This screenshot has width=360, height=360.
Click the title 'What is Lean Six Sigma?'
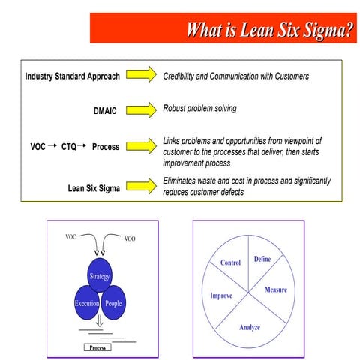[268, 30]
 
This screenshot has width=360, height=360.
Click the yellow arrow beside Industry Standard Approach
[142, 76]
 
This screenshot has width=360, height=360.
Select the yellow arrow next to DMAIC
[142, 112]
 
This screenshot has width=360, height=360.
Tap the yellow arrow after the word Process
[142, 146]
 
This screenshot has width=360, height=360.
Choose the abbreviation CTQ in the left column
[71, 147]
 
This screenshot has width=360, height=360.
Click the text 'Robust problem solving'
[199, 109]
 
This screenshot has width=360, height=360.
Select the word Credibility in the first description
[182, 76]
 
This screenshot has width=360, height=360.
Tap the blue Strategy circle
[100, 276]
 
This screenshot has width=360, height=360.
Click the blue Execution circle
[87, 303]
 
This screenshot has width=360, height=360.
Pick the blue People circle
[113, 303]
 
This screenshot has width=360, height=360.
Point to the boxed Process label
[97, 347]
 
